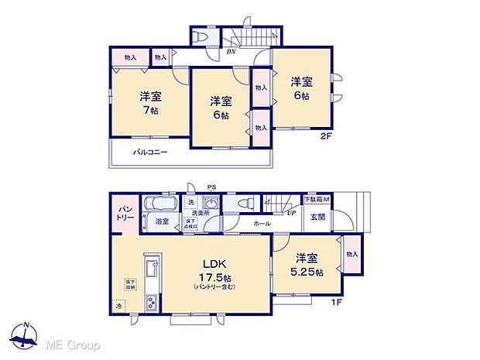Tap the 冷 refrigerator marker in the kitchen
click(x=119, y=307)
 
